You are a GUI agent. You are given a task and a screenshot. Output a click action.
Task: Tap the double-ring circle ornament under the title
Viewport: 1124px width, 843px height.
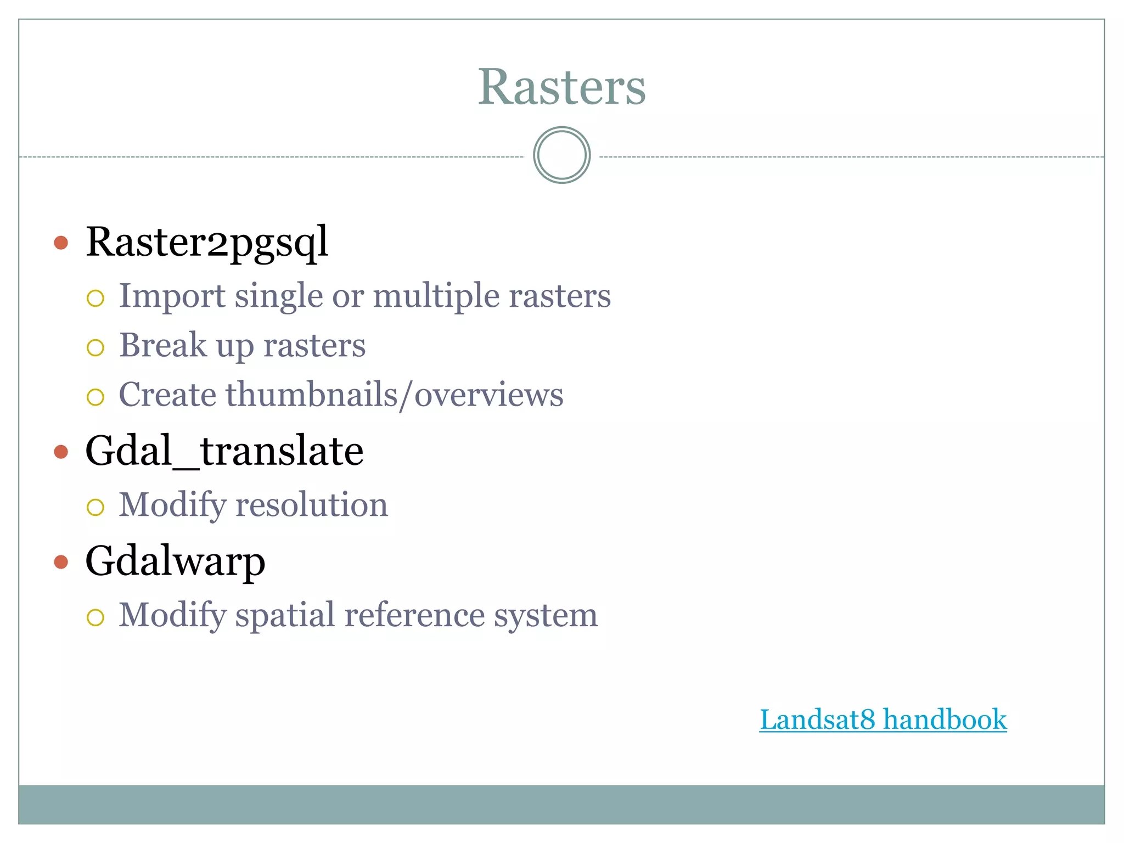(x=561, y=155)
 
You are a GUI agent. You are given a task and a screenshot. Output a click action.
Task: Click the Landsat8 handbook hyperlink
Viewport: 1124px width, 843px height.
(x=883, y=720)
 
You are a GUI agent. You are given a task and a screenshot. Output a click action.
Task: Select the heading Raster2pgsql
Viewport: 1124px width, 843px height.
(x=207, y=242)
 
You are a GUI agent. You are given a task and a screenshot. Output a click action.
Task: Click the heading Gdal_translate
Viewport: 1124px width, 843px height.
(x=224, y=451)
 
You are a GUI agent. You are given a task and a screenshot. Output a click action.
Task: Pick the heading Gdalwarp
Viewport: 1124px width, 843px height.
(x=175, y=561)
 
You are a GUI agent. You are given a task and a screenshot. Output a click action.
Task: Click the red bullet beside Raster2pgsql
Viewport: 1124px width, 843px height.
(x=61, y=243)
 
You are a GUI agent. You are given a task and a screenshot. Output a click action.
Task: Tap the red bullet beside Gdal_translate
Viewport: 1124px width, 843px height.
(x=61, y=452)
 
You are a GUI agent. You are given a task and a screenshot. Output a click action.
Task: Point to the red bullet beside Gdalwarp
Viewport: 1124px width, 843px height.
(x=61, y=562)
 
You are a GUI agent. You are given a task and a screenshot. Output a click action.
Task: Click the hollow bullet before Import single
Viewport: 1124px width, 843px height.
(x=95, y=298)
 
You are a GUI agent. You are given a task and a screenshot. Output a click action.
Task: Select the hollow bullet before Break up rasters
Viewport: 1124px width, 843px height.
(x=95, y=347)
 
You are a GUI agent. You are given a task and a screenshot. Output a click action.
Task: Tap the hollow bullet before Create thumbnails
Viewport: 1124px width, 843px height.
(x=95, y=397)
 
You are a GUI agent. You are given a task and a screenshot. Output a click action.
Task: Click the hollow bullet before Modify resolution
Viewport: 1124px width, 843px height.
(x=95, y=507)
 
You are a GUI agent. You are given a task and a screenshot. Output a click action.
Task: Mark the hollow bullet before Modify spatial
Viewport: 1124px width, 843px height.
(x=95, y=617)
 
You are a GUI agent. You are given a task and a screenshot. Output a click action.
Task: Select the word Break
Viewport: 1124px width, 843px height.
(x=163, y=345)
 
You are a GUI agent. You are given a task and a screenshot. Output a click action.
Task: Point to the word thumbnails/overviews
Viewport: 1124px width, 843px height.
(x=395, y=395)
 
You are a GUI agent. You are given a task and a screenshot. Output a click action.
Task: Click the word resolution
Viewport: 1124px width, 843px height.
(x=311, y=505)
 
